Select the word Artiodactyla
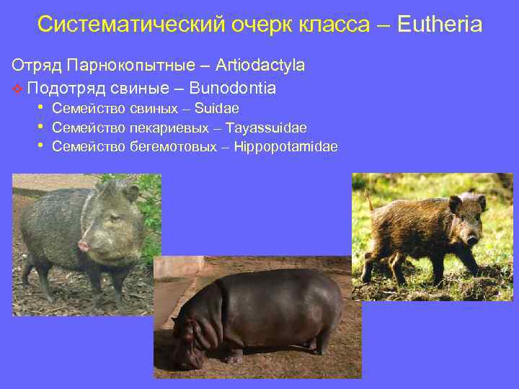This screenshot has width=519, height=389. (x=254, y=65)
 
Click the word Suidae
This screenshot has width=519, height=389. (x=217, y=108)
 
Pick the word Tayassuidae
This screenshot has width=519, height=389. (x=266, y=128)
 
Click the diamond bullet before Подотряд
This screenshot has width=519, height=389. (x=17, y=89)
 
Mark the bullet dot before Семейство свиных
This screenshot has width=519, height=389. (x=42, y=108)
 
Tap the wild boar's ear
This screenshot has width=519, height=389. (x=455, y=205)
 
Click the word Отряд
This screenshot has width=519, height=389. (x=36, y=65)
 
